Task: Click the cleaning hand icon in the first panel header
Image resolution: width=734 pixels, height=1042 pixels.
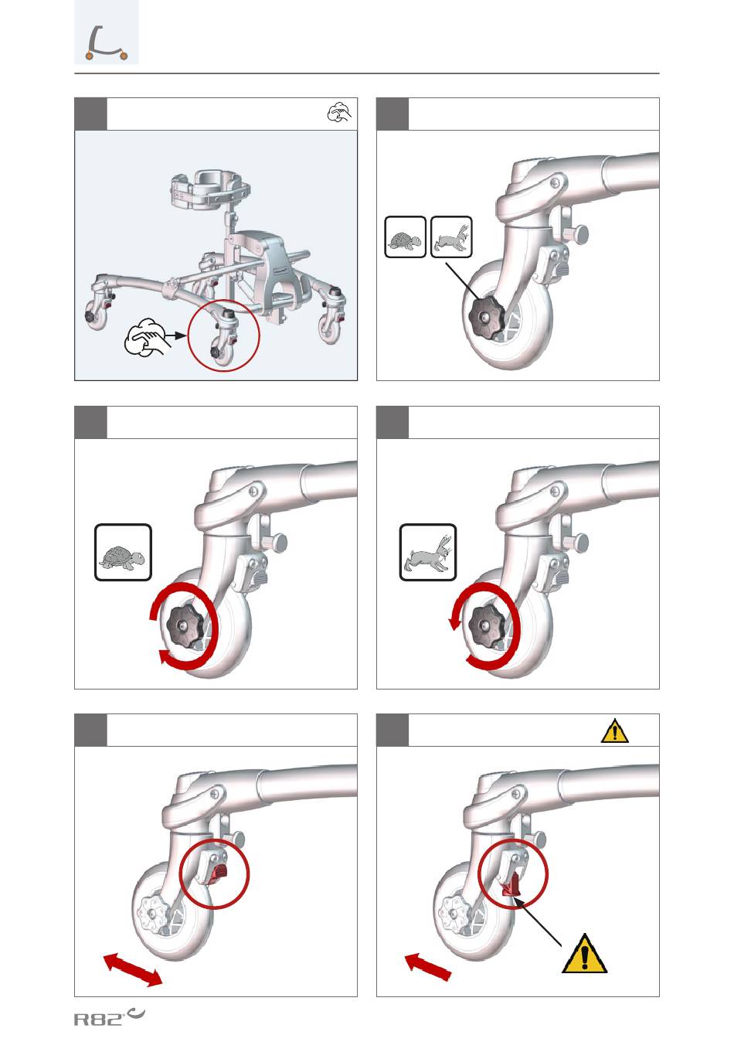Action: click(x=340, y=113)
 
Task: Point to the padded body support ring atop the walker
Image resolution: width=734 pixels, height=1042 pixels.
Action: click(x=211, y=191)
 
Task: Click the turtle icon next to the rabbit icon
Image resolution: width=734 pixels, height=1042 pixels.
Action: click(x=406, y=237)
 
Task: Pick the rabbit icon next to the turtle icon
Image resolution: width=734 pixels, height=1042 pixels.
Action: click(x=451, y=237)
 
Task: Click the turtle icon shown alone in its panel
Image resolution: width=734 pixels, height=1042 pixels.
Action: click(x=123, y=553)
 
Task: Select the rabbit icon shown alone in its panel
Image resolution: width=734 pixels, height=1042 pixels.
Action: click(x=428, y=553)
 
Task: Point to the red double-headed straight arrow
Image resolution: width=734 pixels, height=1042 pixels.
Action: click(x=133, y=969)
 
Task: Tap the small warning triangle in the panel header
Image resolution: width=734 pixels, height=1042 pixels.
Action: click(x=614, y=731)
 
